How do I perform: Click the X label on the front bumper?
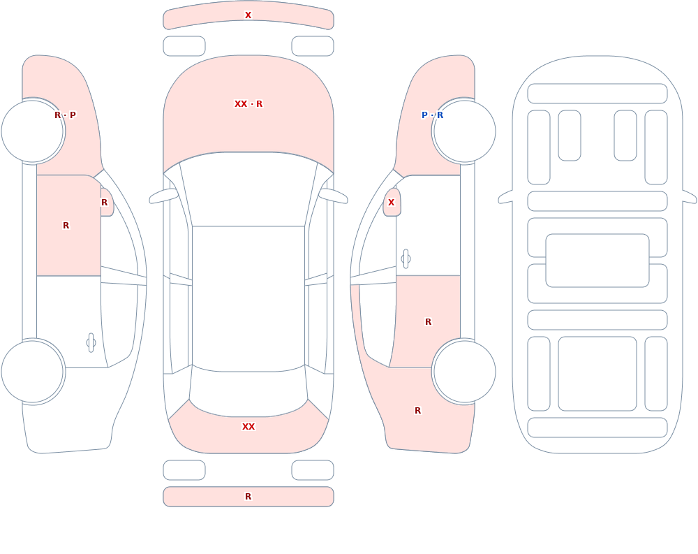[x=248, y=15]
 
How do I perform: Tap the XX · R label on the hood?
[x=248, y=104]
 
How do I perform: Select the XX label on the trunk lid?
[x=248, y=427]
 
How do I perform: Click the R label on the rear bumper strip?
[x=248, y=497]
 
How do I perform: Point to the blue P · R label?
[x=432, y=115]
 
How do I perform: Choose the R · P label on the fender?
[x=65, y=115]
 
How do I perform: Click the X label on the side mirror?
[x=392, y=203]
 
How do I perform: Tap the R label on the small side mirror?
[x=104, y=203]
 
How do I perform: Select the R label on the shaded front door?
[x=66, y=226]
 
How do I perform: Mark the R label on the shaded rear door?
[x=429, y=322]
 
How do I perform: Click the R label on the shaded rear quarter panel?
[x=417, y=411]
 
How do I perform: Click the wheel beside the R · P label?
[x=33, y=131]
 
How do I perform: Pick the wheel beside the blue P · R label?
[x=464, y=131]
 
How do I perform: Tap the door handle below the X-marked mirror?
[x=406, y=259]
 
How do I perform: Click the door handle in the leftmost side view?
[x=91, y=343]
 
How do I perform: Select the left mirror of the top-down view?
[x=163, y=196]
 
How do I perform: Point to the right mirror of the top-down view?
[x=333, y=196]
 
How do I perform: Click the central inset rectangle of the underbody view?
[x=597, y=261]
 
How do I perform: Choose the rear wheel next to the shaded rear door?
[x=464, y=372]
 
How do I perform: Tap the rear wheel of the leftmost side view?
[x=33, y=372]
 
